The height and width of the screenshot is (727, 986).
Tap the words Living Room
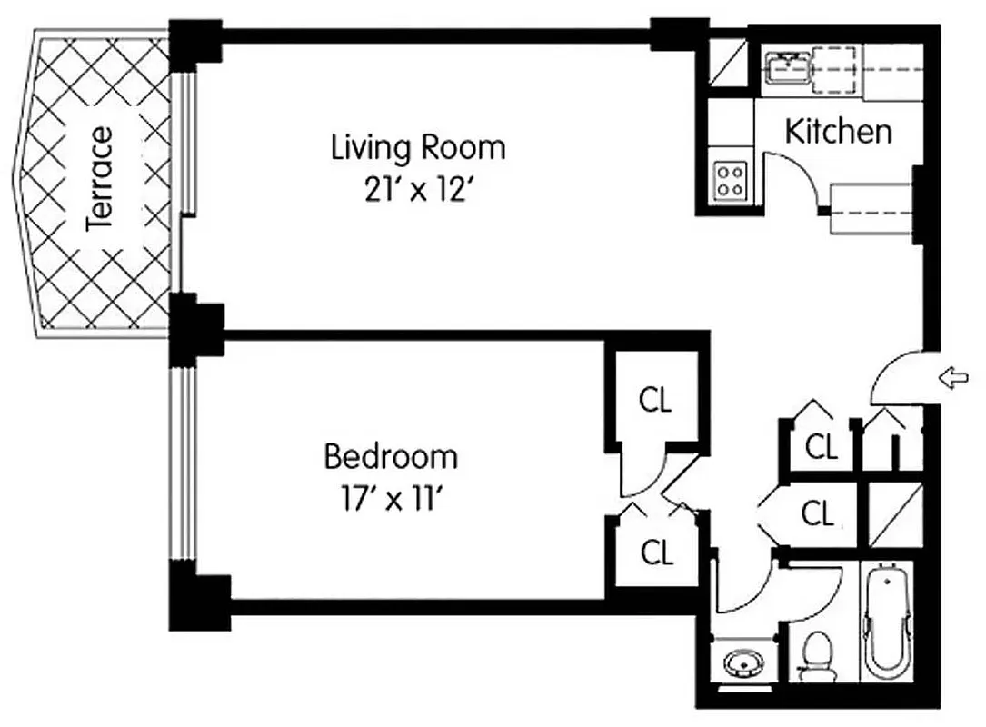[x=417, y=146]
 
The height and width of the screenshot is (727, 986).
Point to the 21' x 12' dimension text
[x=417, y=191]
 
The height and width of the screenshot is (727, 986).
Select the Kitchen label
[x=838, y=132]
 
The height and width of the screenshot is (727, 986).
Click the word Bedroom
[x=391, y=456]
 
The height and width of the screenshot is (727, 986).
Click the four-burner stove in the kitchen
[x=729, y=179]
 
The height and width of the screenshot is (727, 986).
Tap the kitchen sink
[x=786, y=68]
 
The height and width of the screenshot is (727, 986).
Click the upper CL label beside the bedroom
[x=655, y=401]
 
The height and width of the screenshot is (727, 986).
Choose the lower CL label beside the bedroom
[x=656, y=552]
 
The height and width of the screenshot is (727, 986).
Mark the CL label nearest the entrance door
[x=821, y=446]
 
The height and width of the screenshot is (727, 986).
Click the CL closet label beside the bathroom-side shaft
[x=817, y=514]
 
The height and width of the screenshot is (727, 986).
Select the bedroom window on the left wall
[x=183, y=463]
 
